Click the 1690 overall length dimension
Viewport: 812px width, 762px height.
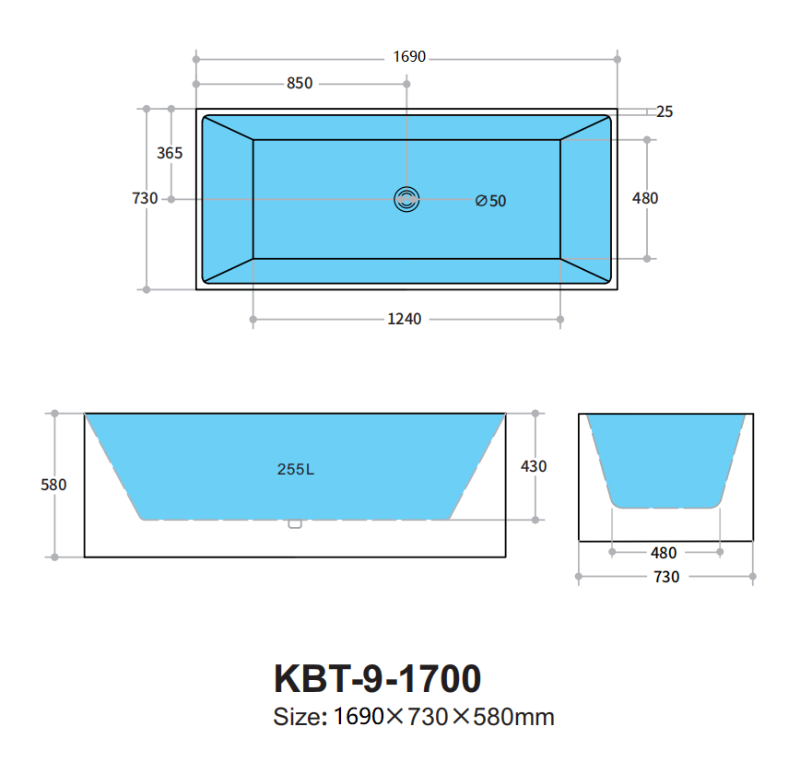click(409, 57)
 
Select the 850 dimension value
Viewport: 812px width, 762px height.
click(300, 83)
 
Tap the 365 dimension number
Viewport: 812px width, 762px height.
click(170, 153)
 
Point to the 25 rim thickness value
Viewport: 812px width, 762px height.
click(665, 111)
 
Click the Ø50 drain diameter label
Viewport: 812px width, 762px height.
click(491, 200)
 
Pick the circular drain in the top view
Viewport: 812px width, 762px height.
click(406, 198)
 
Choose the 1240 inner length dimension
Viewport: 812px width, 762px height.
click(405, 319)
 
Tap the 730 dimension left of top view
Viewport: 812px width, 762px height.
click(146, 198)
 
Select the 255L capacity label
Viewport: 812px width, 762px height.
click(296, 468)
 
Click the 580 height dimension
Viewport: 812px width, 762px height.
click(54, 485)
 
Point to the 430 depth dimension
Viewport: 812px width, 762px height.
click(534, 466)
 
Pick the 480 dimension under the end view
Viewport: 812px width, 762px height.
click(664, 553)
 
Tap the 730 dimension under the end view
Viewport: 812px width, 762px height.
click(666, 577)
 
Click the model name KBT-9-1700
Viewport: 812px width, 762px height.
click(377, 679)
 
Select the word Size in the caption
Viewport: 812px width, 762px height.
click(298, 716)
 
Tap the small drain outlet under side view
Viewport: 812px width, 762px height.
click(295, 524)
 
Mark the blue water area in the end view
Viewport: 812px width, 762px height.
click(665, 461)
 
